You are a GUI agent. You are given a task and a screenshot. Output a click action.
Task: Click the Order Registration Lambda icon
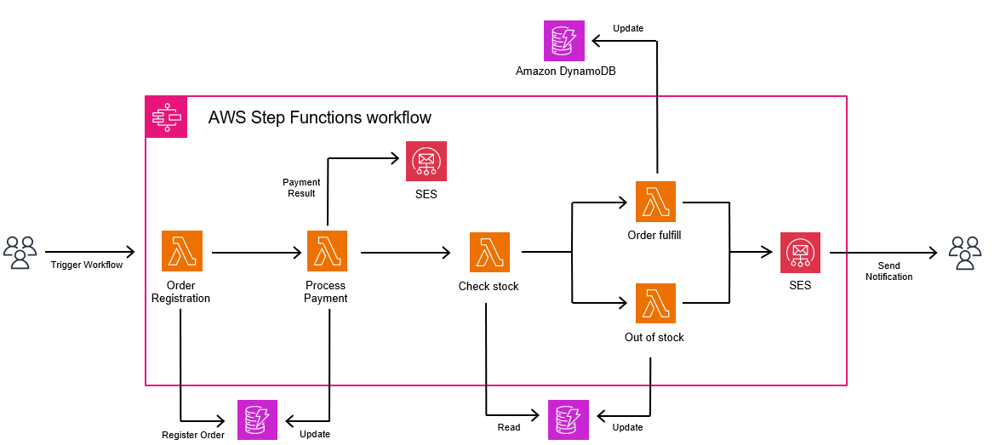[181, 252]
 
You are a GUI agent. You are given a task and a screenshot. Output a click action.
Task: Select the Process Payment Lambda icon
[327, 252]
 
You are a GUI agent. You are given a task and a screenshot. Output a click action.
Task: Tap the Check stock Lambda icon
[489, 253]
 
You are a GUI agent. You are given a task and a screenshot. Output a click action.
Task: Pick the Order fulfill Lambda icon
[655, 202]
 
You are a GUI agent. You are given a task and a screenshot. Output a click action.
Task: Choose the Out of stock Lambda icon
[655, 304]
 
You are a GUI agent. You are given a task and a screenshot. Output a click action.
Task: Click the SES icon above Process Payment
[426, 162]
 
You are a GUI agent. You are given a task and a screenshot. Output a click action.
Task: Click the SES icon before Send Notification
[800, 253]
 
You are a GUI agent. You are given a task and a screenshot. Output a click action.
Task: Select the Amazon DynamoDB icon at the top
[564, 40]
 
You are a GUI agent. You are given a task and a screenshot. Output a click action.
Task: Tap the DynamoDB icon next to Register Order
[257, 419]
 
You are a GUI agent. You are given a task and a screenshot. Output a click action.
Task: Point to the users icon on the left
[21, 253]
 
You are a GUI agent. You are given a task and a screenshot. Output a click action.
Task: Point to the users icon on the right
[965, 253]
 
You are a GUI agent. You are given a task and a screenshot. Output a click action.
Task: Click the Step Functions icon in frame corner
[165, 117]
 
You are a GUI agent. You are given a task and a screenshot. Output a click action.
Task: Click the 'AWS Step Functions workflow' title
[319, 117]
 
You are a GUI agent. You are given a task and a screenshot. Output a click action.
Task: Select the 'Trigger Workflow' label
[85, 265]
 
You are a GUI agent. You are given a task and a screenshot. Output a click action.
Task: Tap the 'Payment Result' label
[301, 188]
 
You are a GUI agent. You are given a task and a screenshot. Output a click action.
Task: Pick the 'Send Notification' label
[889, 271]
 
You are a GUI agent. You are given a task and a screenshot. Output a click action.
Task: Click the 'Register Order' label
[193, 435]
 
